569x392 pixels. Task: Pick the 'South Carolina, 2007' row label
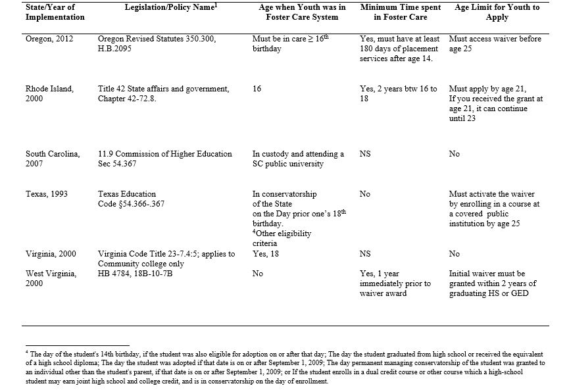click(53, 159)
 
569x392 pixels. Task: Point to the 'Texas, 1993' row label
click(46, 194)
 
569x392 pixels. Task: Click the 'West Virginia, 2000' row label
click(52, 278)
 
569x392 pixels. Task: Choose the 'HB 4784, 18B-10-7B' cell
click(136, 273)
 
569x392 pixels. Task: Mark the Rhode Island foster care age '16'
click(257, 89)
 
